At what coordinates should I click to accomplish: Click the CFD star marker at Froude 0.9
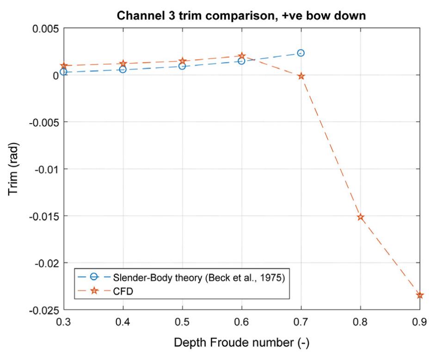pyautogui.click(x=420, y=295)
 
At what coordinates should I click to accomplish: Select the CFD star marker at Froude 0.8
pyautogui.click(x=361, y=217)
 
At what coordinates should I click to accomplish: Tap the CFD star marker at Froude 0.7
pyautogui.click(x=301, y=76)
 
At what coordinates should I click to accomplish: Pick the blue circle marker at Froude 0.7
pyautogui.click(x=301, y=53)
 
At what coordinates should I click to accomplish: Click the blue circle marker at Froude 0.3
pyautogui.click(x=64, y=72)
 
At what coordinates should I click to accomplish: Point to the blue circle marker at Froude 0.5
pyautogui.click(x=182, y=66)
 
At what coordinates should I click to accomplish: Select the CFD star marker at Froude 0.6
pyautogui.click(x=242, y=56)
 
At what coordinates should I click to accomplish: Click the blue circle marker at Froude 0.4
pyautogui.click(x=123, y=69)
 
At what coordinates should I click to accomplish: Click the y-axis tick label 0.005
pyautogui.click(x=45, y=28)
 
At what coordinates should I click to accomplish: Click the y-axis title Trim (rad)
pyautogui.click(x=14, y=168)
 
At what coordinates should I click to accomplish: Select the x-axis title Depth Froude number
pyautogui.click(x=241, y=343)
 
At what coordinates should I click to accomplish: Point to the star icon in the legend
pyautogui.click(x=94, y=290)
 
